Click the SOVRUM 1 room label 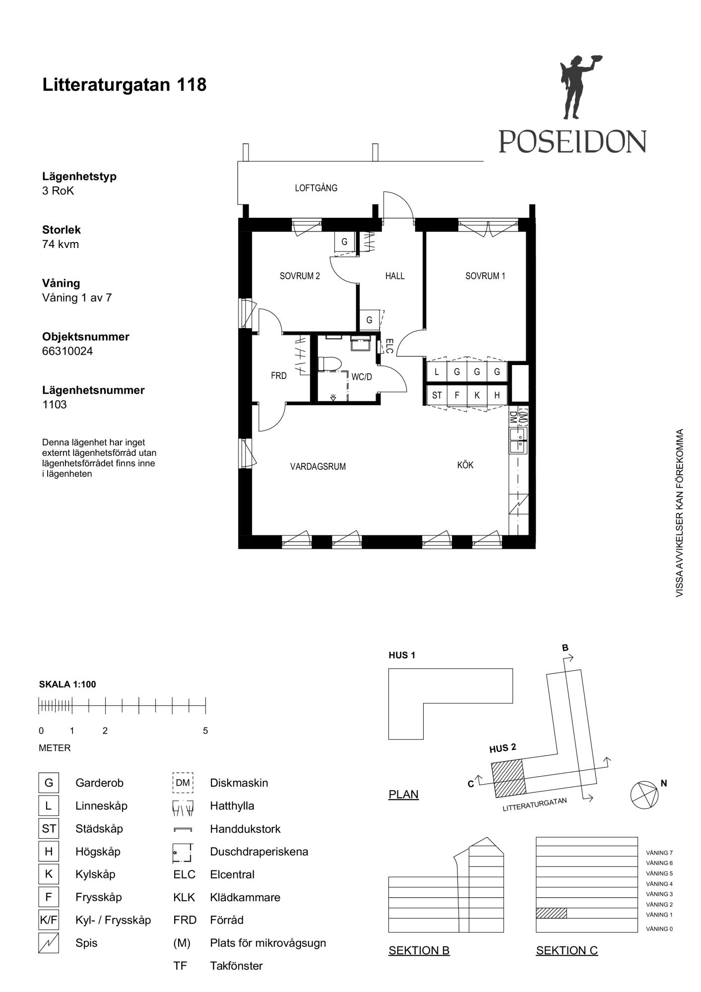click(x=485, y=276)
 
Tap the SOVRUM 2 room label click(x=300, y=276)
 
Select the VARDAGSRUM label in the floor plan click(x=318, y=466)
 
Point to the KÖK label click(x=465, y=465)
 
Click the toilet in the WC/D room click(x=329, y=364)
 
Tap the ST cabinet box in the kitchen click(x=437, y=395)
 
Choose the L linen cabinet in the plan click(x=437, y=372)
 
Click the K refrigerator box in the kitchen click(x=477, y=395)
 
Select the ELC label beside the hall click(x=389, y=346)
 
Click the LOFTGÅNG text click(x=316, y=188)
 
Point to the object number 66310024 click(x=67, y=351)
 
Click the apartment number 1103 click(x=55, y=404)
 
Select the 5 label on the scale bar click(x=205, y=731)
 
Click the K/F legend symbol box click(x=49, y=921)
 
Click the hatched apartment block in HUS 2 click(x=509, y=778)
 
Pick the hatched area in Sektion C click(x=551, y=913)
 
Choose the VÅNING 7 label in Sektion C click(x=659, y=853)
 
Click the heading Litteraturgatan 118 click(x=125, y=85)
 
